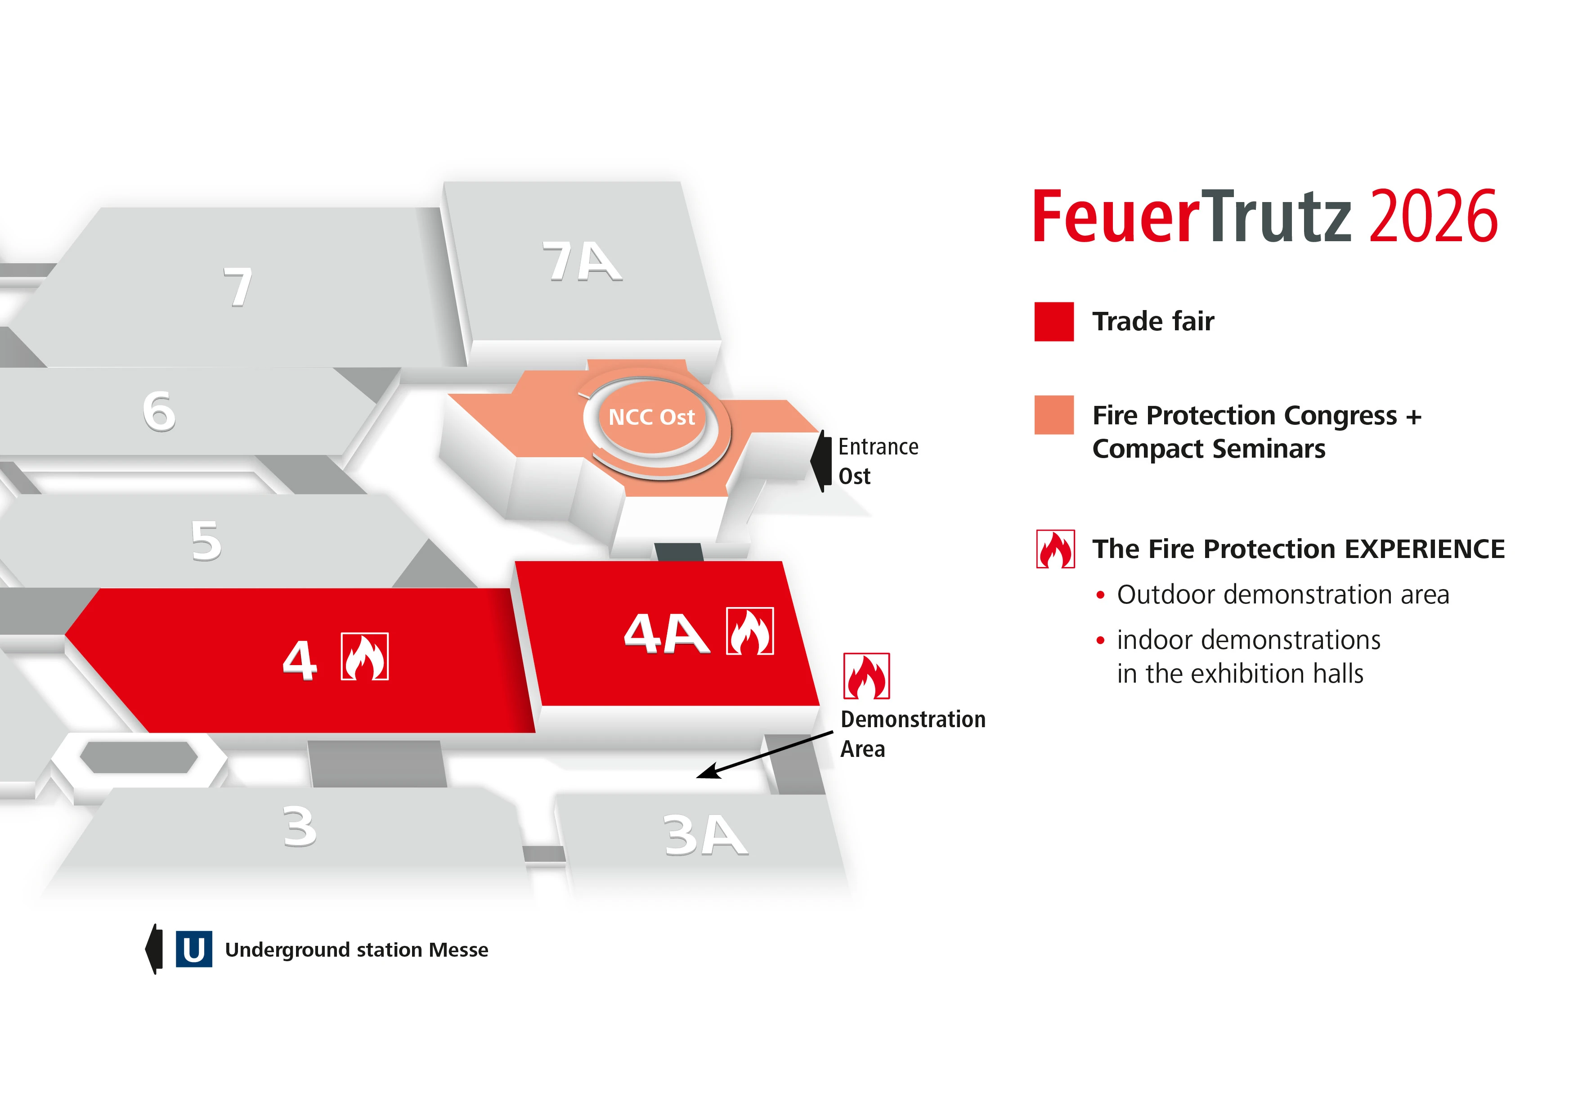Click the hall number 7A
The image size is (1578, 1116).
582,261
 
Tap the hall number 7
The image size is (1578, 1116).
238,287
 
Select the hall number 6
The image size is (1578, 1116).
159,411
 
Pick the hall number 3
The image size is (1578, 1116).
300,826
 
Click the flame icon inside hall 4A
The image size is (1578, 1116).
750,631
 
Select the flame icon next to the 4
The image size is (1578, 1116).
364,657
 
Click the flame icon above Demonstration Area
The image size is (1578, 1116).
867,676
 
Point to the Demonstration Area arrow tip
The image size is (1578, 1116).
697,778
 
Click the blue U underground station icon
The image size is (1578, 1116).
194,949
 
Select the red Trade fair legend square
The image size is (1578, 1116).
1053,322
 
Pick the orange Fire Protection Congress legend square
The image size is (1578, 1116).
1053,414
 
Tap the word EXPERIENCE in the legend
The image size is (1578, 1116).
1424,549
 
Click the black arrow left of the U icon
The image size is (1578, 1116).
154,949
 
